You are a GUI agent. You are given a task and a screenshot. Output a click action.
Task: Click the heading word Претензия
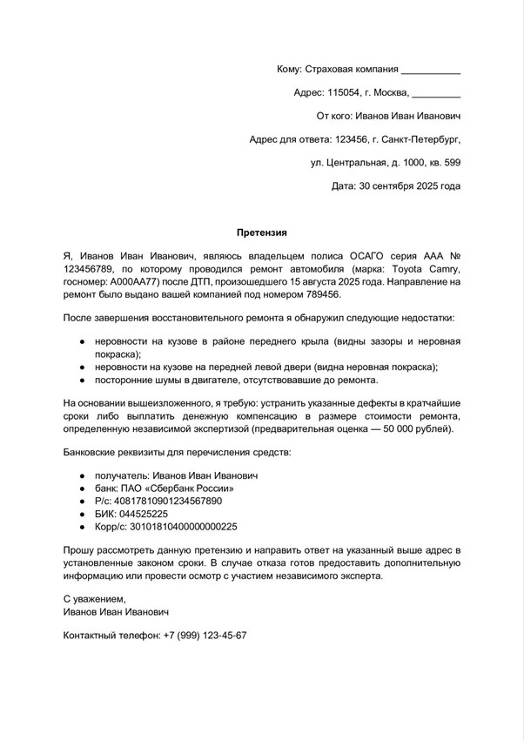coord(262,232)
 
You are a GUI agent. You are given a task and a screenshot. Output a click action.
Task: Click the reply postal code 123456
coord(352,138)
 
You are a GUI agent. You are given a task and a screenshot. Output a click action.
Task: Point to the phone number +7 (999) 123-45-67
coord(205,636)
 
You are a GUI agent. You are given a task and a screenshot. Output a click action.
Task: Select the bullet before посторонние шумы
coord(81,381)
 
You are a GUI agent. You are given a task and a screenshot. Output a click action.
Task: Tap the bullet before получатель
coord(81,476)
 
